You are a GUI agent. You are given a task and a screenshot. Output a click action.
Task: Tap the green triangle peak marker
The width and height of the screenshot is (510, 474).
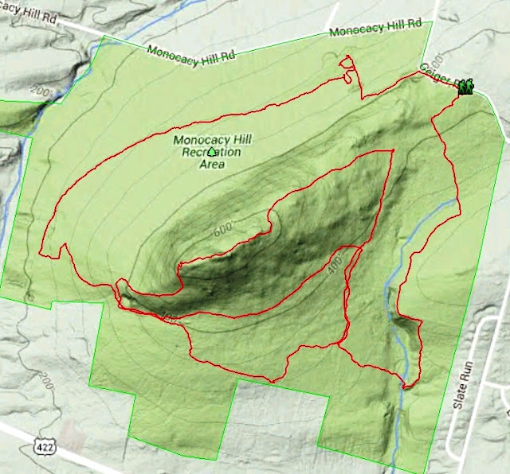pyautogui.click(x=211, y=152)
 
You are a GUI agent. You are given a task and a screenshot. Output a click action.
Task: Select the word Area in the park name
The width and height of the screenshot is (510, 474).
pyautogui.click(x=211, y=165)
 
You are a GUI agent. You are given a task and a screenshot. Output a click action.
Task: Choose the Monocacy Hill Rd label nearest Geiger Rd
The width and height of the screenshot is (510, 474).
pyautogui.click(x=375, y=29)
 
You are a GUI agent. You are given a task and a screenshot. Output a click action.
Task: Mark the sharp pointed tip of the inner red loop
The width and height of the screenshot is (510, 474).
pyautogui.click(x=392, y=151)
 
